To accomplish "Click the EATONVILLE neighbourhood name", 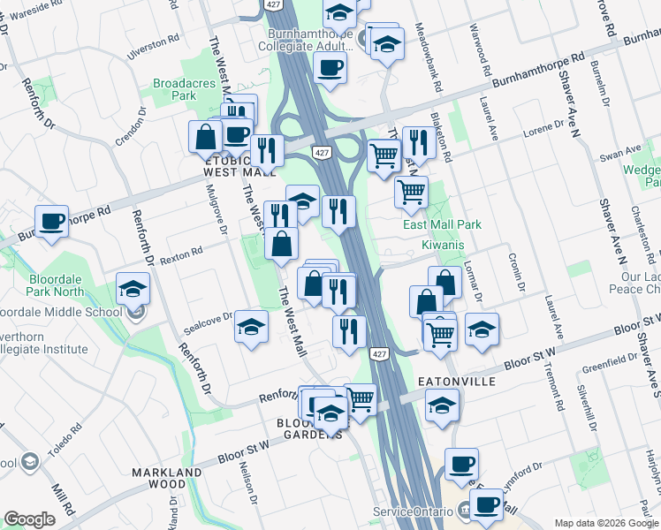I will [454, 382].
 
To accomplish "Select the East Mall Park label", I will [442, 224].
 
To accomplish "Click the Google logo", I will [29, 519].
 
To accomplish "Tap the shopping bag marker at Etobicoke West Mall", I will [205, 138].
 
